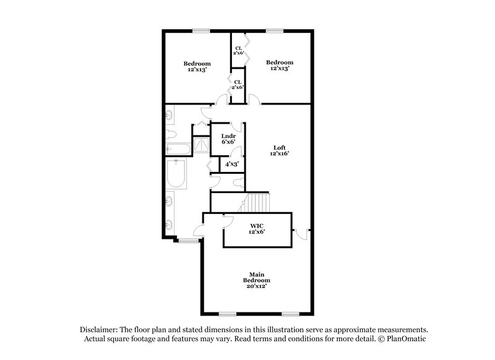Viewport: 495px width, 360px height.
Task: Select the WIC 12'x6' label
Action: [257, 226]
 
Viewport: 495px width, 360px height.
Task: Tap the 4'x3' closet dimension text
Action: [233, 164]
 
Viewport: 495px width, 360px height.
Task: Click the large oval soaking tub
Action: [176, 173]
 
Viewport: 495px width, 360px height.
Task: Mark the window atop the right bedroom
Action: [275, 31]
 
